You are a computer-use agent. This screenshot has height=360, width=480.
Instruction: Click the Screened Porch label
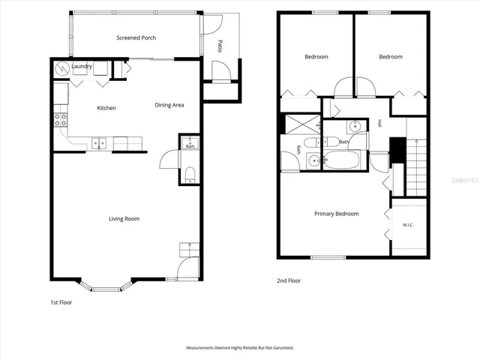click(136, 38)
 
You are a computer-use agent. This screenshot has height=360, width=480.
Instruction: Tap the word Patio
click(220, 46)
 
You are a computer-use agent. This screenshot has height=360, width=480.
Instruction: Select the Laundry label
click(82, 67)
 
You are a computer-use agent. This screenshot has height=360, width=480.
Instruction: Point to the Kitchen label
click(106, 108)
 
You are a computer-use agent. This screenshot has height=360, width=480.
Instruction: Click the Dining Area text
click(169, 105)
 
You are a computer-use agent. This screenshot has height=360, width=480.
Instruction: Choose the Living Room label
click(124, 219)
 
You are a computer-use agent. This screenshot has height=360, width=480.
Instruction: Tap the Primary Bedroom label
click(337, 214)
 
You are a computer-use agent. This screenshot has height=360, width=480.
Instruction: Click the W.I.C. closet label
click(408, 225)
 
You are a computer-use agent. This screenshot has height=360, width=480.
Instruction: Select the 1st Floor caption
click(61, 302)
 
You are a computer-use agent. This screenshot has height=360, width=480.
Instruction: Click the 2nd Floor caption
click(289, 280)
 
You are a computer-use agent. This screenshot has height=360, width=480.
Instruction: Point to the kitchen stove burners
click(61, 119)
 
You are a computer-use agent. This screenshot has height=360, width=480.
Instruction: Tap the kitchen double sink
click(99, 143)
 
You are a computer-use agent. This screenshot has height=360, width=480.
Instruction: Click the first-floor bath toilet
click(190, 175)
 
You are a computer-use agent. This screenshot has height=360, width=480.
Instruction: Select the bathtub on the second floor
click(341, 160)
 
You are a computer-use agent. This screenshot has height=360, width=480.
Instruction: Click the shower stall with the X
click(303, 124)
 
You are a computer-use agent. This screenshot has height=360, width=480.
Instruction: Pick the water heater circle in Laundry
click(62, 69)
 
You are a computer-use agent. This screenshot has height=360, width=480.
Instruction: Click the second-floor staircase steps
click(416, 168)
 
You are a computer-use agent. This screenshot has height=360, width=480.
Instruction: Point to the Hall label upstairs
click(379, 123)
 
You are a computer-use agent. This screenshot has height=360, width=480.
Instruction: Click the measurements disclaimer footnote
click(240, 348)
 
